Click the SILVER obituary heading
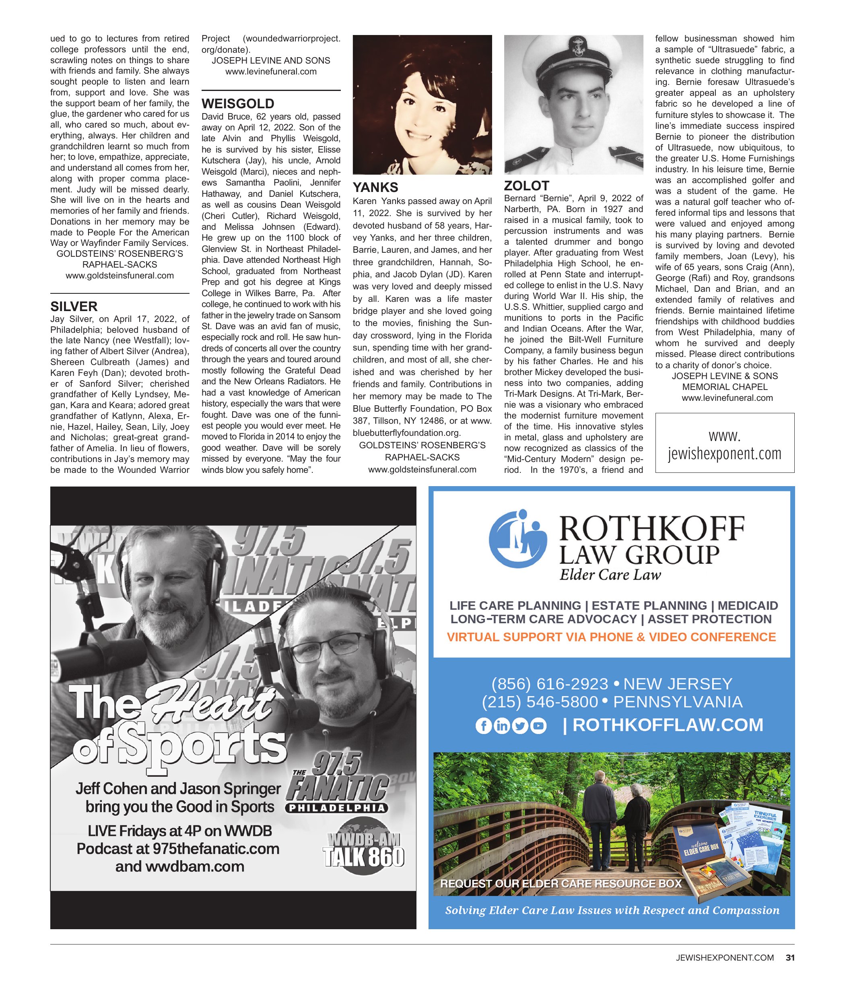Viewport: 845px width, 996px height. point(74,306)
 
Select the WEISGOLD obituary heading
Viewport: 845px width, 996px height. point(237,103)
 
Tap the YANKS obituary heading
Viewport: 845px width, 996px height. point(375,187)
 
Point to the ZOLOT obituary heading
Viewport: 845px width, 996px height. point(526,186)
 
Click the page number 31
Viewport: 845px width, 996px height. point(790,958)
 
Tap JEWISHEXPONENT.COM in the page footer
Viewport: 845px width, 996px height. point(724,958)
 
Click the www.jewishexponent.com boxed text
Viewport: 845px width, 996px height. point(724,444)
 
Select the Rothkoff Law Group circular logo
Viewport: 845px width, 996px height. point(518,538)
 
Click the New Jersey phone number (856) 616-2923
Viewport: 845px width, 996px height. point(549,684)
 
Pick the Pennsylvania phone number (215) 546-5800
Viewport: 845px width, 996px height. point(540,702)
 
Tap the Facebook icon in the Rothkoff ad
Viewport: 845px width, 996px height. point(483,726)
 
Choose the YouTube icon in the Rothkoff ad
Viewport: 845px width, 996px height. point(538,726)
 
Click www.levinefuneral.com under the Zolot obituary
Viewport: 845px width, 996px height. point(727,398)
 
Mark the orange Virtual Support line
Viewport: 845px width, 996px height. point(611,637)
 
